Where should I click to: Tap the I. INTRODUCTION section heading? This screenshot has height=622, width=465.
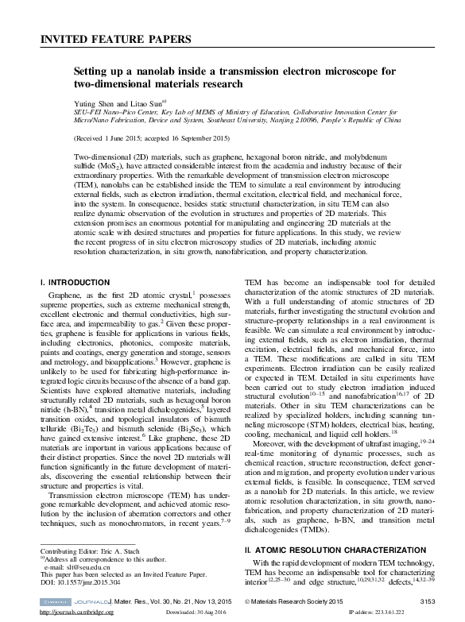pyautogui.click(x=75, y=283)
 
